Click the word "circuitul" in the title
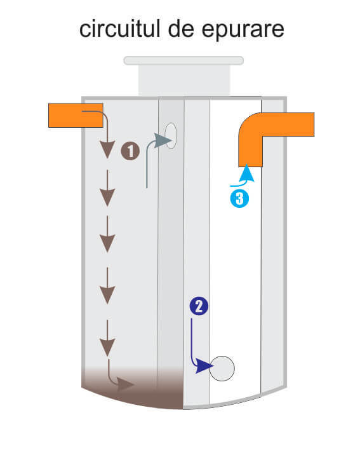[x=119, y=29]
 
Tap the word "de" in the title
[x=181, y=29]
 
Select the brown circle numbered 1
[x=130, y=151]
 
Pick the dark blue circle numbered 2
[x=199, y=306]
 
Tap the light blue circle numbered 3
[x=239, y=198]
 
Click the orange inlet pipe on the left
[x=76, y=115]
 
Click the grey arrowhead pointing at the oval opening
[x=163, y=140]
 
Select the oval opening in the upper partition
[x=171, y=135]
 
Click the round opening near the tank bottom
[x=222, y=369]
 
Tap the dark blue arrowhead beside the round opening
[x=204, y=366]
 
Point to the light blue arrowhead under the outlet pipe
[x=246, y=173]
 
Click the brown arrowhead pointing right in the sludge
[x=125, y=384]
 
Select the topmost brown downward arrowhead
[x=107, y=149]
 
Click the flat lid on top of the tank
[x=183, y=60]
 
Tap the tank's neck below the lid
[x=184, y=81]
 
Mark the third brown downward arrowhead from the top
[x=107, y=243]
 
